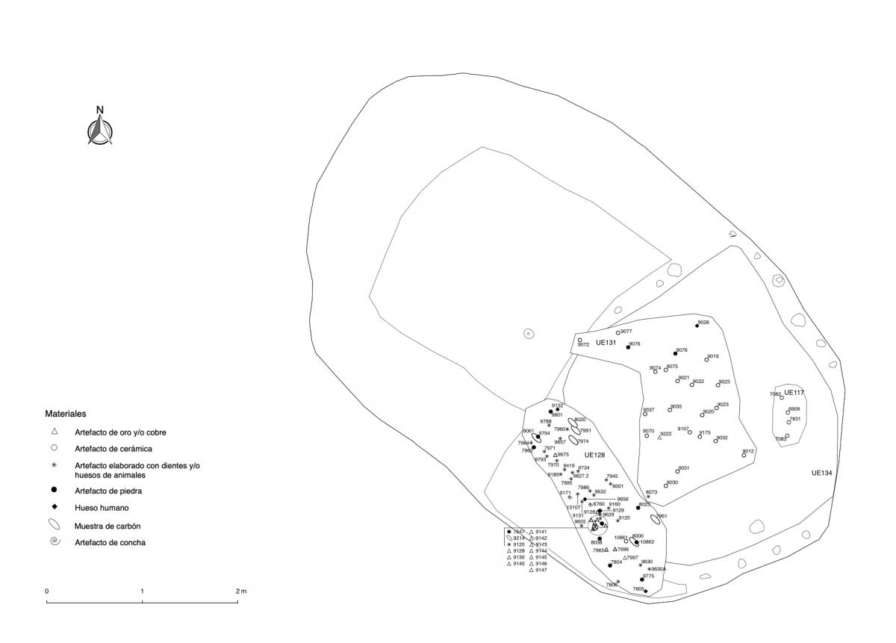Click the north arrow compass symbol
pyautogui.click(x=100, y=128)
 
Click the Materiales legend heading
pyautogui.click(x=66, y=413)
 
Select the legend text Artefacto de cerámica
pyautogui.click(x=113, y=449)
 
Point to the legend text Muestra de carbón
pyautogui.click(x=108, y=526)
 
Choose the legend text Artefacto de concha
pyautogui.click(x=110, y=543)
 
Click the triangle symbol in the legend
pyautogui.click(x=55, y=432)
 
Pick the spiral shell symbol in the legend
pyautogui.click(x=55, y=541)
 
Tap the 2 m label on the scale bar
pyautogui.click(x=240, y=591)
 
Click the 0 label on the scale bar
pyautogui.click(x=47, y=591)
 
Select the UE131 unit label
pyautogui.click(x=606, y=343)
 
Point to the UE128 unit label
pyautogui.click(x=594, y=455)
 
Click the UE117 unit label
pyautogui.click(x=794, y=392)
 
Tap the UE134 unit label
pyautogui.click(x=823, y=473)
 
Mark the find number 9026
pyautogui.click(x=703, y=323)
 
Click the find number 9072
pyautogui.click(x=584, y=345)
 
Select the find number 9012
pyautogui.click(x=749, y=451)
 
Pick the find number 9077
pyautogui.click(x=626, y=331)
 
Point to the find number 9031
pyautogui.click(x=683, y=468)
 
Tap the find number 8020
pyautogui.click(x=580, y=420)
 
